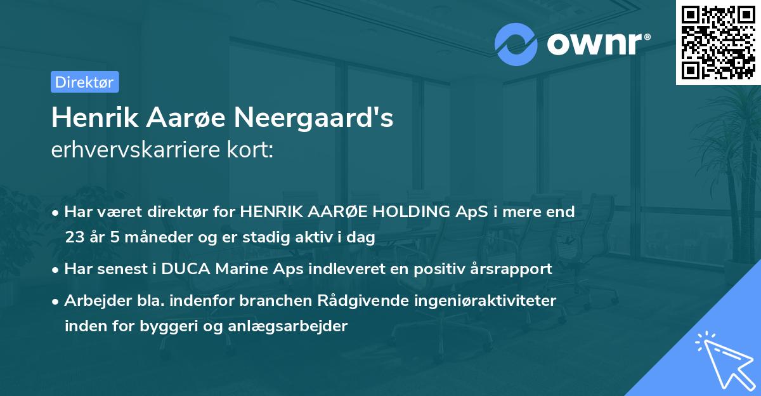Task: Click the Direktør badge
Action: pos(84,82)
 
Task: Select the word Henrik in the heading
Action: pos(89,118)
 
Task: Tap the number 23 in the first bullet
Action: pos(74,237)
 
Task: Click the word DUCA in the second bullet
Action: pos(184,269)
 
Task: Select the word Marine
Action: pos(235,269)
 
